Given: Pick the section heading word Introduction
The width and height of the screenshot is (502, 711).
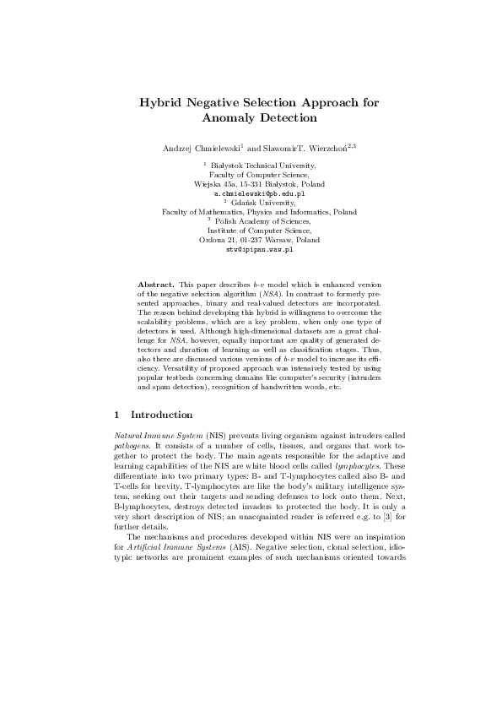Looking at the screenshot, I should pos(162,415).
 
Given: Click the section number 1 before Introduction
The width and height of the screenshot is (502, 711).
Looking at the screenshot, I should pos(116,415).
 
